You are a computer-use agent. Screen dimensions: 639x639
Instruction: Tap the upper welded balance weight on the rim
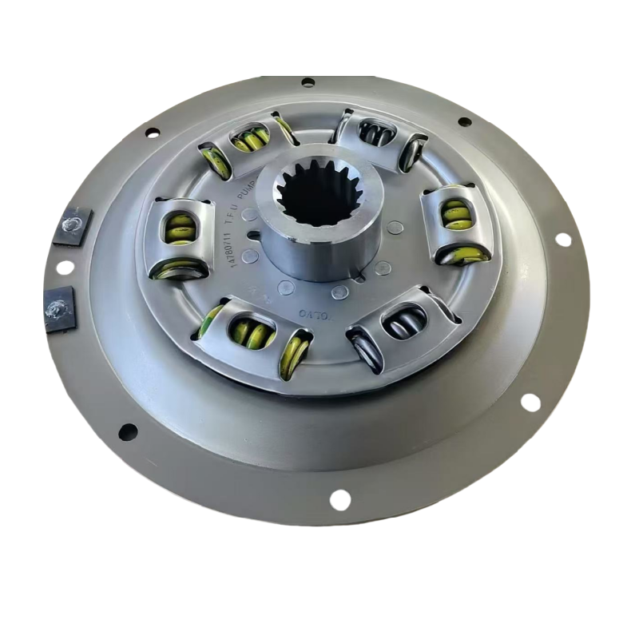point(73,226)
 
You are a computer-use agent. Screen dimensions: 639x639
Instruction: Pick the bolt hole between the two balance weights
point(64,267)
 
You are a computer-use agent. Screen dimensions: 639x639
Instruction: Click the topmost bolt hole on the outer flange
point(308,81)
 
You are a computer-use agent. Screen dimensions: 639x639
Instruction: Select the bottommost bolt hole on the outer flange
point(339,500)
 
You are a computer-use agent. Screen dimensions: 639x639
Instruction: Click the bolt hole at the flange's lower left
point(127,432)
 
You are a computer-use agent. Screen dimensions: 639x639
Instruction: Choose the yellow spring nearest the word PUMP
point(249,140)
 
